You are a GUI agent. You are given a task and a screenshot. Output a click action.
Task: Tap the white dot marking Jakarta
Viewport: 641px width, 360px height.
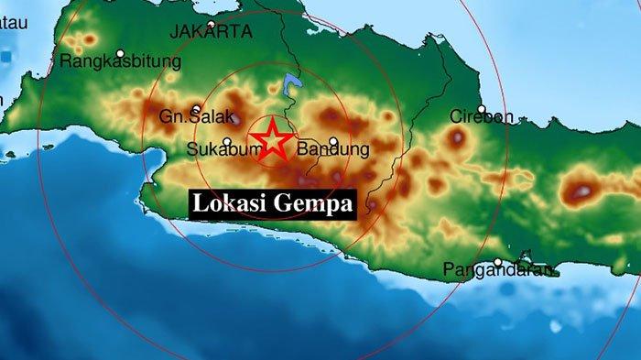pos(212,25)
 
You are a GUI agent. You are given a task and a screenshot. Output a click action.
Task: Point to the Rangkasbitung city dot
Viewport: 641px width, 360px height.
pos(121,52)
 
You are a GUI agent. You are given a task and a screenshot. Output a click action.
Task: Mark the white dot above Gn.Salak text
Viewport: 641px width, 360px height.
pos(195,107)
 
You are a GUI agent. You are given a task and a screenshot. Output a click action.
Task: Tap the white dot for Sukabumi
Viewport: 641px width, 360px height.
pos(226,140)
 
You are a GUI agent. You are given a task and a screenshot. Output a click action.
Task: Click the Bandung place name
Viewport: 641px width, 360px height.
pos(334,149)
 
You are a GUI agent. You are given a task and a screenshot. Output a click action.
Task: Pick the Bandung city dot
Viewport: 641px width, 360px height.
pos(333,141)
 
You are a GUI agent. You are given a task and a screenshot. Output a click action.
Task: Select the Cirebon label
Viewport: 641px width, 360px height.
pos(482,117)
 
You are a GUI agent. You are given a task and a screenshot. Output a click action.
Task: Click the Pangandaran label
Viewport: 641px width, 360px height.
pos(500,270)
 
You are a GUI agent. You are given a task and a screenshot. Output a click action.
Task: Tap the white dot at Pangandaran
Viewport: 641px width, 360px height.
pos(497,262)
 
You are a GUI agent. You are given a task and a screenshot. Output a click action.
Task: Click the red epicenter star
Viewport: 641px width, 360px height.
pos(273,139)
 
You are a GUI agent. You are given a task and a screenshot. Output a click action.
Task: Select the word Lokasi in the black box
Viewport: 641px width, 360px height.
pos(229,204)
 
